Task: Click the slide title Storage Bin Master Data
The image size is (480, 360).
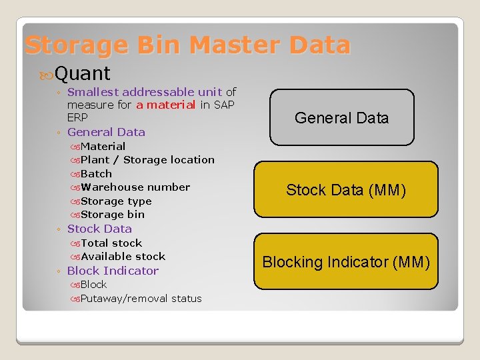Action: coord(187,45)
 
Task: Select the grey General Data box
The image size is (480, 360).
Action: coord(341,118)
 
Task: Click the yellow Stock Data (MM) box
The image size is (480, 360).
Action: coord(345,190)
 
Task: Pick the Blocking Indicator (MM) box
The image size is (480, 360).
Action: coord(345,262)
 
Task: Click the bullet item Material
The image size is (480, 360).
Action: coord(103,146)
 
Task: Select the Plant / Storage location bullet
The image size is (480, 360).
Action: coord(147,160)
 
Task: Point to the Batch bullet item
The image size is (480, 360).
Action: coord(96,173)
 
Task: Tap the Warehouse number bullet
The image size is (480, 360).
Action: coord(135,187)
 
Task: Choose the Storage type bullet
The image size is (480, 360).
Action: coord(116,201)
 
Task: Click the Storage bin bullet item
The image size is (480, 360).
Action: coord(112,215)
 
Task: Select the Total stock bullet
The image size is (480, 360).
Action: coord(111,243)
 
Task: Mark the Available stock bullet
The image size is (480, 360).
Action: coord(123,257)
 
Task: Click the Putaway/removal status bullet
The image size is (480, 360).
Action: coord(141,299)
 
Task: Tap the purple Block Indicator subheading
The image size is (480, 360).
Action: coord(113,271)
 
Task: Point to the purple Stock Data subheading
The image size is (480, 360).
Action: coord(99,229)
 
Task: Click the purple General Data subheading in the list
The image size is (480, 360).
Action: coord(106,132)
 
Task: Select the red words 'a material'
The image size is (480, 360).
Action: coord(165,105)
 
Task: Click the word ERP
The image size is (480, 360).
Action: coord(77,117)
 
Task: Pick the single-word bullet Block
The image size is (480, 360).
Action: coord(93,285)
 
